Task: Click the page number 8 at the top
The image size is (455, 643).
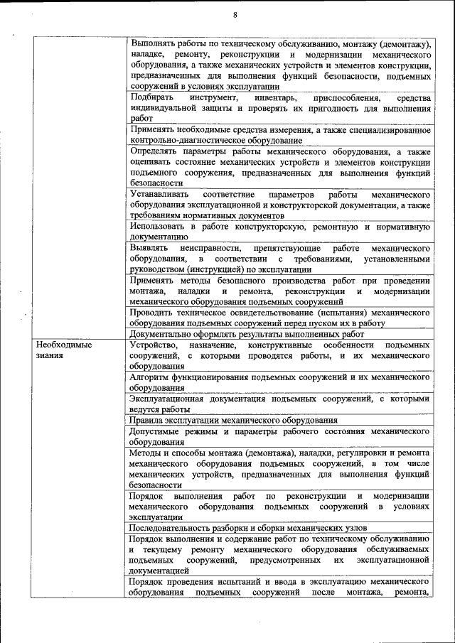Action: click(x=235, y=15)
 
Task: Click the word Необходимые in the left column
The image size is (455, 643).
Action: click(x=64, y=345)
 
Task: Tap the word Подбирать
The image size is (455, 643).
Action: click(x=151, y=97)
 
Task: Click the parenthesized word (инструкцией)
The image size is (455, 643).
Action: click(x=220, y=269)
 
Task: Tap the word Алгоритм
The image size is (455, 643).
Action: click(x=149, y=377)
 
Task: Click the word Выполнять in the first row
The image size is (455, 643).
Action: click(x=154, y=43)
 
